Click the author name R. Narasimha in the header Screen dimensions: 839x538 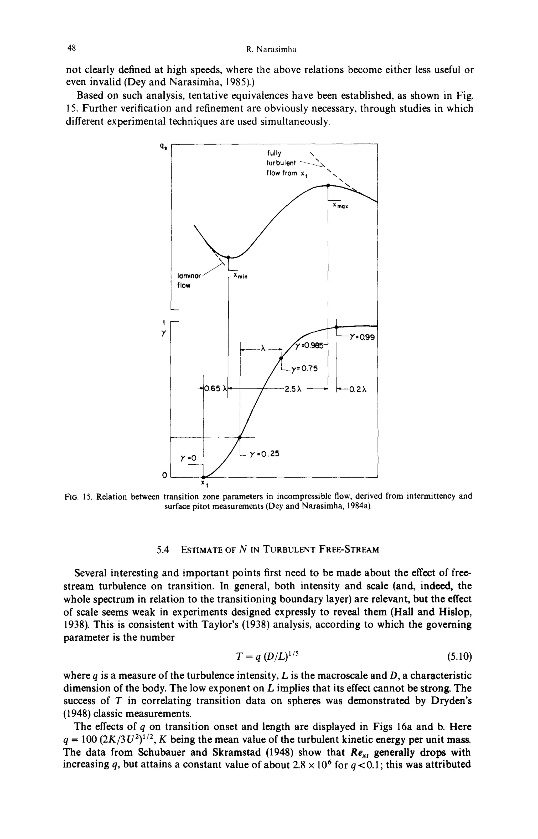click(271, 50)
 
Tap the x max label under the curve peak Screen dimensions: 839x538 click(341, 206)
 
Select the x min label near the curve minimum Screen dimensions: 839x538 click(240, 277)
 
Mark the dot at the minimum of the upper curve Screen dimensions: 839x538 click(228, 257)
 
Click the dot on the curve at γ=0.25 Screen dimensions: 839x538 click(240, 437)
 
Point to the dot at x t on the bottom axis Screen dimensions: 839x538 click(203, 477)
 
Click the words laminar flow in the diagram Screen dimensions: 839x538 click(189, 280)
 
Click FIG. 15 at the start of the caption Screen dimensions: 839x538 click(77, 496)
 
